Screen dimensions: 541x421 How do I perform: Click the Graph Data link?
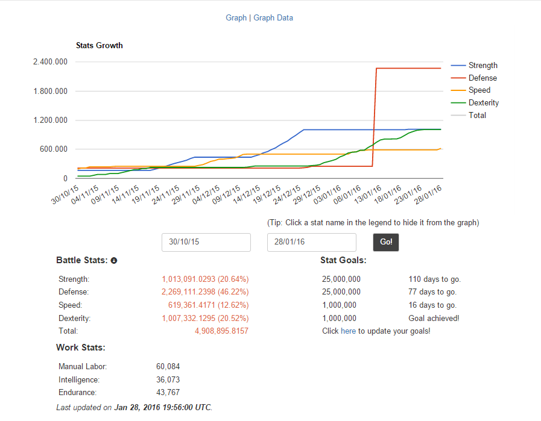coord(273,18)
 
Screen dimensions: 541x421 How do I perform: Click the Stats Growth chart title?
coord(100,46)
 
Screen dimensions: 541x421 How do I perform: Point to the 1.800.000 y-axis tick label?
coord(51,92)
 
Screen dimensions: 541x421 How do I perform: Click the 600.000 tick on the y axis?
coord(54,149)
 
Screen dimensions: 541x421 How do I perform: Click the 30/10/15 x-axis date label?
coord(65,195)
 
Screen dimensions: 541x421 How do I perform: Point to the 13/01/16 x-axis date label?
coord(368,195)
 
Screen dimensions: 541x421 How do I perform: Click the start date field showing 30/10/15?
coord(206,242)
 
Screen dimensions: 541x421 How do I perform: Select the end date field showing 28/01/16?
coord(312,242)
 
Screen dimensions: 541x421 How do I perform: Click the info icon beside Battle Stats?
coord(114,261)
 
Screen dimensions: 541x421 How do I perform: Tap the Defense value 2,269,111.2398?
coord(188,292)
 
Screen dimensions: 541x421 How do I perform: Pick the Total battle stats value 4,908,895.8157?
coord(221,331)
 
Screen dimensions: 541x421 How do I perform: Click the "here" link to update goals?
coord(348,331)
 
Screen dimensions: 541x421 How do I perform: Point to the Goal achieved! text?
coord(434,319)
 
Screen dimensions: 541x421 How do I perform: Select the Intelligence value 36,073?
coord(168,379)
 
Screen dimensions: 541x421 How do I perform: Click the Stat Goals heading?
coord(343,260)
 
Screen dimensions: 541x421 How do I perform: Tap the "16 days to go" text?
coord(432,305)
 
